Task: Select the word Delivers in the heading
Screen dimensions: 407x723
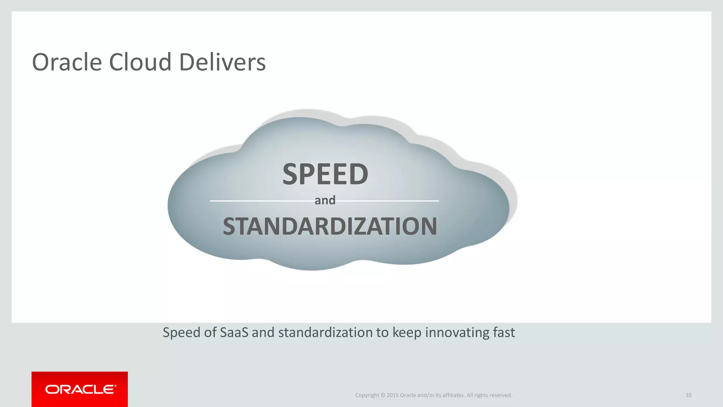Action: click(222, 62)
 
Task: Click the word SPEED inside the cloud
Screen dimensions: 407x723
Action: click(325, 174)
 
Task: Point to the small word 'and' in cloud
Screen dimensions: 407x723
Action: click(325, 200)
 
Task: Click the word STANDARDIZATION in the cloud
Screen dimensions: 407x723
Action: click(330, 226)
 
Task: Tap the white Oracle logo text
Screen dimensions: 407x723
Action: click(80, 389)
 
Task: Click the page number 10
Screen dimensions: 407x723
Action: click(688, 395)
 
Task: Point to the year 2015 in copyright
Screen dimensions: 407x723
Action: click(392, 395)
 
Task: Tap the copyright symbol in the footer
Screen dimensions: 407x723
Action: click(383, 395)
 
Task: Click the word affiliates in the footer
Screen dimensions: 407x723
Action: click(453, 395)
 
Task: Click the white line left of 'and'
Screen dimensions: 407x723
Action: click(261, 201)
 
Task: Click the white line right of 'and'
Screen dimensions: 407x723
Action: click(388, 201)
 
